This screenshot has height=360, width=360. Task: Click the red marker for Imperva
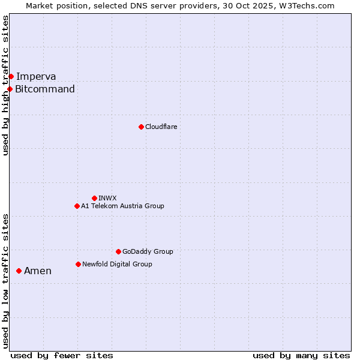tap(11, 76)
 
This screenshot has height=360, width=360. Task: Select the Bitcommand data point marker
tap(10, 89)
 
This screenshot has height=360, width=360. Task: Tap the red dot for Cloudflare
tap(141, 127)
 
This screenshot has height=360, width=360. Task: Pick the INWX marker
tap(94, 198)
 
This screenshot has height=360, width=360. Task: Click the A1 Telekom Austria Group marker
tap(77, 206)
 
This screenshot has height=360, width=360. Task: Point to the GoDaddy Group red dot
tap(118, 251)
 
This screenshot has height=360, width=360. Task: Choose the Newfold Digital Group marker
tap(78, 264)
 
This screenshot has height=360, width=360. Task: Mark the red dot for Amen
tap(19, 271)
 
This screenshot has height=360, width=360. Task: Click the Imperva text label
tap(36, 76)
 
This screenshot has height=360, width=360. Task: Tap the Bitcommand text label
tap(45, 89)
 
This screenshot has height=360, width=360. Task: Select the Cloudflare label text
tap(161, 127)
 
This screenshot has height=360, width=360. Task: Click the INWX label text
tap(107, 198)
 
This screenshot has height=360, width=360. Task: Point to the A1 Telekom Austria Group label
tap(122, 206)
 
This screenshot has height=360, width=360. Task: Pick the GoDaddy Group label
tap(148, 251)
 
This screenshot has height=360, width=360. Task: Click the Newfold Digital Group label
tap(117, 264)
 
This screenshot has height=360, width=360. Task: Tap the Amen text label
tap(38, 271)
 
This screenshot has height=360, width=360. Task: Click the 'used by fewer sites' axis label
tap(62, 355)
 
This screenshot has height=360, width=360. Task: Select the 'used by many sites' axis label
tap(301, 355)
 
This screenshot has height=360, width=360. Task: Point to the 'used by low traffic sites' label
tap(6, 280)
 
